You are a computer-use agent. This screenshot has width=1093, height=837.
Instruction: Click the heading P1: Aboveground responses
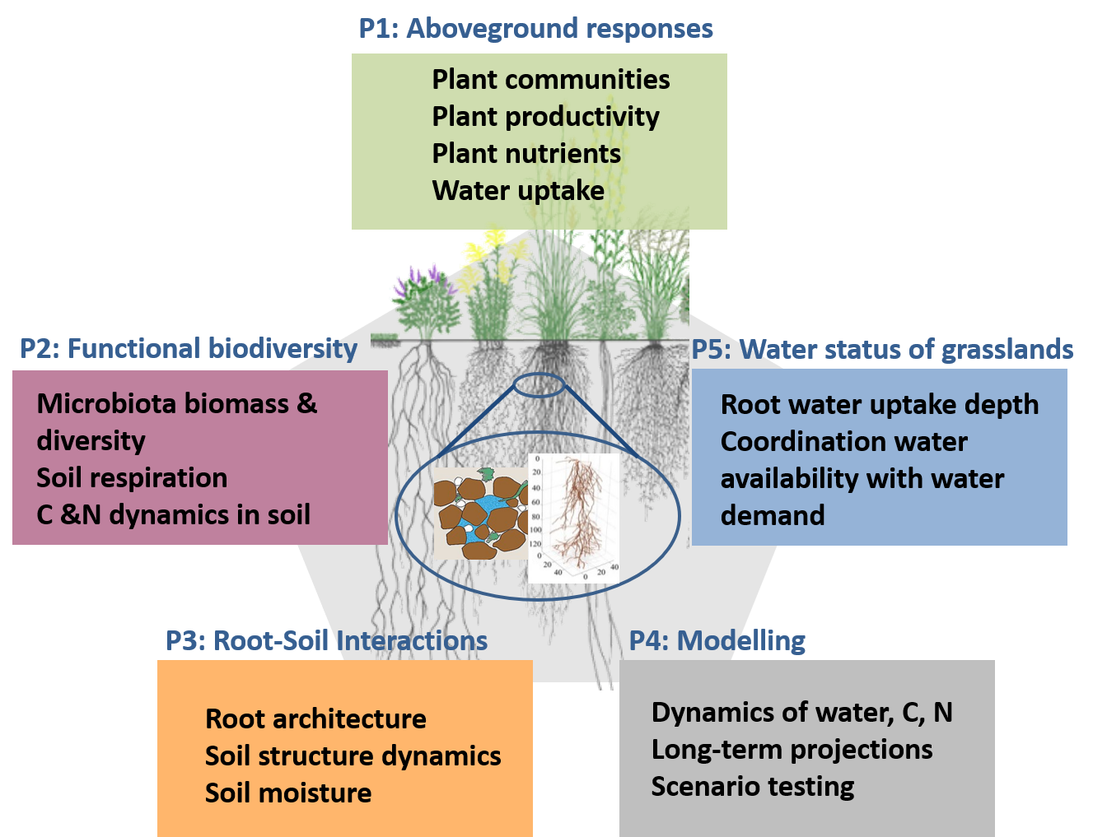[x=535, y=29]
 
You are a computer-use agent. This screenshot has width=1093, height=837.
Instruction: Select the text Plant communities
[x=550, y=80]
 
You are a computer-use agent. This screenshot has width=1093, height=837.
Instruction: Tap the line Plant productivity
[x=545, y=117]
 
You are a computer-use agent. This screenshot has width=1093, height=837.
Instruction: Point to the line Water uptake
[x=518, y=191]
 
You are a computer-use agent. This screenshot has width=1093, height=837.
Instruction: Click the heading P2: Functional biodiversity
[x=188, y=349]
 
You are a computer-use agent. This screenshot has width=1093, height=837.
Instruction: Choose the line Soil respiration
[x=132, y=478]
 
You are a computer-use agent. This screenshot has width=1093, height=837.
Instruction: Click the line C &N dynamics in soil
[x=173, y=515]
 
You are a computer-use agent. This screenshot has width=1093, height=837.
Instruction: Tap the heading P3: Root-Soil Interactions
[x=326, y=641]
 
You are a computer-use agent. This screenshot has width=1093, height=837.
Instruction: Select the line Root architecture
[x=315, y=719]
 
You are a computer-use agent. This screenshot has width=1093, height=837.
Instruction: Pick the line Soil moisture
[x=288, y=793]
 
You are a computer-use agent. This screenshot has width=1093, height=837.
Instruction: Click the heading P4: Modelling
[x=717, y=641]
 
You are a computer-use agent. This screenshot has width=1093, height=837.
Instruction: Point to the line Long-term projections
[x=792, y=750]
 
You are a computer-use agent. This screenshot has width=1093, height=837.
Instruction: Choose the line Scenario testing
[x=753, y=787]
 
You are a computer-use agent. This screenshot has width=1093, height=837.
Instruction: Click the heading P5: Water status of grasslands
[x=881, y=350]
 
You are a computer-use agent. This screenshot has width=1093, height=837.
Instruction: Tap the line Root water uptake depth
[x=879, y=405]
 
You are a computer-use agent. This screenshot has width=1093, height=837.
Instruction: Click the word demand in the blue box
[x=773, y=516]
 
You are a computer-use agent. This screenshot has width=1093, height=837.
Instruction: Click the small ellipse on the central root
[x=539, y=385]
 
